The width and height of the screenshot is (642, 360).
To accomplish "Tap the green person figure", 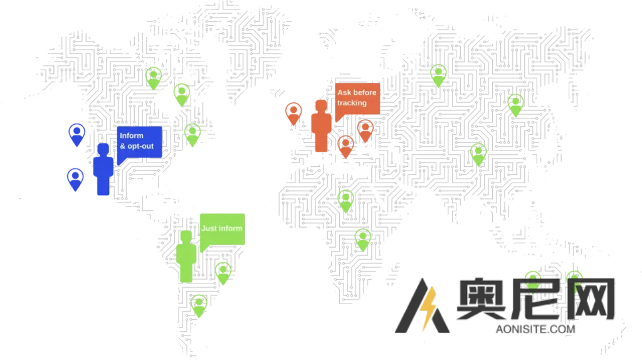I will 186,257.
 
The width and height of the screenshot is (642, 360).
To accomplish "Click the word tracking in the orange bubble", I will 352,102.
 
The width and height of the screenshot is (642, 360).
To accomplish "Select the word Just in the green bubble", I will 209,228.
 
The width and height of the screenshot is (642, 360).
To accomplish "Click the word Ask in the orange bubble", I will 344,93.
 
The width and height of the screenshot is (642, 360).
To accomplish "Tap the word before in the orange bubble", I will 365,93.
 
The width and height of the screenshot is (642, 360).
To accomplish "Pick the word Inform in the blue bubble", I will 132,135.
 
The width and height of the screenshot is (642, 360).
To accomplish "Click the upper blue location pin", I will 76,134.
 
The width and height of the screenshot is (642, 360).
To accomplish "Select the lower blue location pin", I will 75,178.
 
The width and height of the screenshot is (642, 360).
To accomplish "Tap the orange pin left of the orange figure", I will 293,113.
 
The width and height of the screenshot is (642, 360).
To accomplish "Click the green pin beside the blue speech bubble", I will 192,134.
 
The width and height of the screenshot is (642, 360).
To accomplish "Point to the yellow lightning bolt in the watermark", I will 429,309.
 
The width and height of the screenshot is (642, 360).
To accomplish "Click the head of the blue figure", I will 102,149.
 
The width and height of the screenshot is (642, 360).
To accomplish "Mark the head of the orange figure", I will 321,105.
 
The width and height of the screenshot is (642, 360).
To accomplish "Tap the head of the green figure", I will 186,236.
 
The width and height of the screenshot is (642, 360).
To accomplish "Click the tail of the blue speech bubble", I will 119,161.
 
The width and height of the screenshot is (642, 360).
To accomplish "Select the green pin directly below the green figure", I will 199,305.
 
